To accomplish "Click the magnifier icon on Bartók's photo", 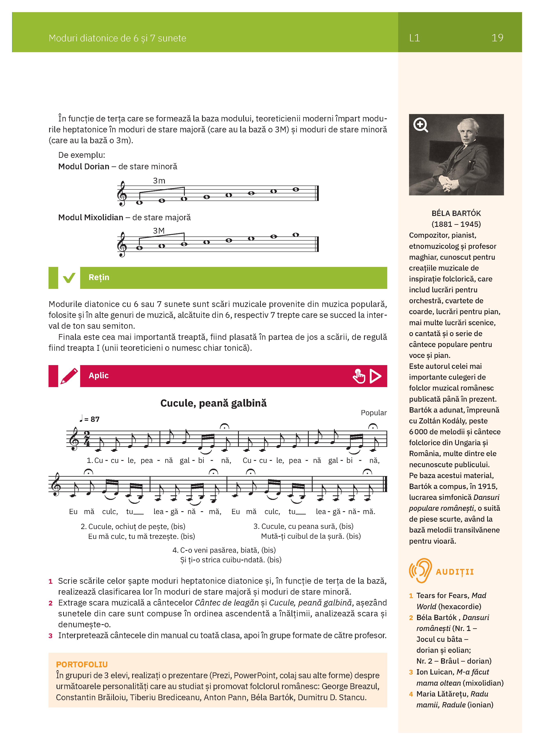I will pyautogui.click(x=421, y=125).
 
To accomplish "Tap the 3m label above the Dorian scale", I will pyautogui.click(x=159, y=181).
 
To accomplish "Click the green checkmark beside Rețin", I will pyautogui.click(x=69, y=278).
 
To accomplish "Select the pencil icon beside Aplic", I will pyautogui.click(x=69, y=376).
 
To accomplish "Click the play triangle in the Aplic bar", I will pyautogui.click(x=375, y=376).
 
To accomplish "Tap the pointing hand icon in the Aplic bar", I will pyautogui.click(x=359, y=376).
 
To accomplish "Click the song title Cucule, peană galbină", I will pyautogui.click(x=213, y=403).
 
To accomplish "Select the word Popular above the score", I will pyautogui.click(x=374, y=413).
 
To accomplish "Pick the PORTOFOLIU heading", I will pyautogui.click(x=82, y=664).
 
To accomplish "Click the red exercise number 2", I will pyautogui.click(x=51, y=603).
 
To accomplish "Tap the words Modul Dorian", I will pyautogui.click(x=83, y=167).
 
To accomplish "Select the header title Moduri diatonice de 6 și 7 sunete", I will pyautogui.click(x=117, y=38).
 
